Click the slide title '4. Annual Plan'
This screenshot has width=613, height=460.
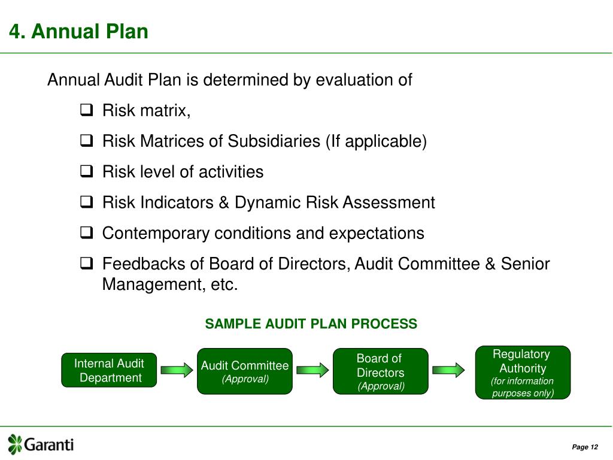78,31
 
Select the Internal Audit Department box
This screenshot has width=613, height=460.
109,370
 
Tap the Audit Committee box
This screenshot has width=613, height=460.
244,371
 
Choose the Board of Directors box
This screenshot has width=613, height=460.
381,371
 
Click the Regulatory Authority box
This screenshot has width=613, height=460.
523,372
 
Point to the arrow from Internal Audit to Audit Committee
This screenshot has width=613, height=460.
177,370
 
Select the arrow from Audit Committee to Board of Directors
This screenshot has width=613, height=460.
312,370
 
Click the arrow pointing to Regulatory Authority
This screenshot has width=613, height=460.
448,370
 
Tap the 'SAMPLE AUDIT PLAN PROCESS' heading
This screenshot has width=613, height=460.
311,324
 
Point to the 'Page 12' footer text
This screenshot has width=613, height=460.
584,447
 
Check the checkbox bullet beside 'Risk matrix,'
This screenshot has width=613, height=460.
86,110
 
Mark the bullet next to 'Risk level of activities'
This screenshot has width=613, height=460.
86,172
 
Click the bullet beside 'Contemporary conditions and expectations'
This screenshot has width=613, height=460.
86,233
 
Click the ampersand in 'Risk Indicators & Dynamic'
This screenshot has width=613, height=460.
224,202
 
